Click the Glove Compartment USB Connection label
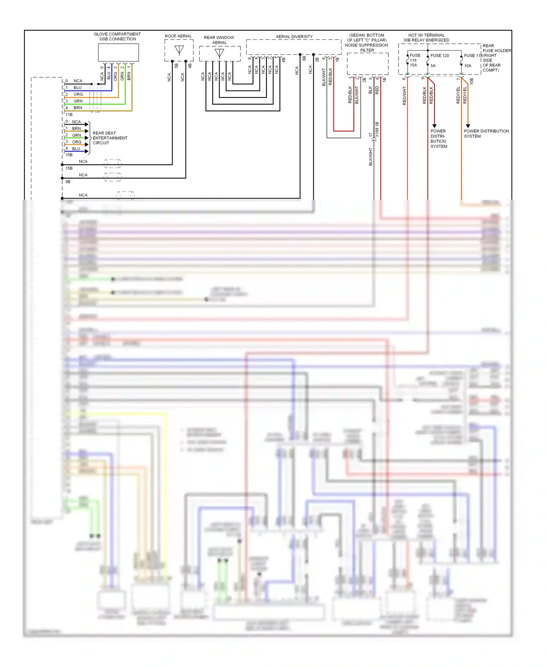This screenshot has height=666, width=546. point(117,36)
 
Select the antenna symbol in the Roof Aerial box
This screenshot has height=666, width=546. point(179,50)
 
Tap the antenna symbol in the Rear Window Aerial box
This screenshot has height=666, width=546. point(219,53)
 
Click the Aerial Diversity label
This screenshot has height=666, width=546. point(294,36)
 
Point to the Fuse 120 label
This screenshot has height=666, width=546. point(440,56)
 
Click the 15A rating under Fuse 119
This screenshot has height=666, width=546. point(414,65)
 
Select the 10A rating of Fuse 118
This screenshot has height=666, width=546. point(468,66)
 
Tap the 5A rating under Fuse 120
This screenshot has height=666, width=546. point(433,66)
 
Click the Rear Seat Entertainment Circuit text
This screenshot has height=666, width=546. point(110,138)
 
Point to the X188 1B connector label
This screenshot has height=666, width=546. point(377,129)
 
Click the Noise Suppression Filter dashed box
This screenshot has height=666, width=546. point(368,64)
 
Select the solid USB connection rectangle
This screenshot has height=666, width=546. point(118,52)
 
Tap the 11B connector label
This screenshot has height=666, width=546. point(69,114)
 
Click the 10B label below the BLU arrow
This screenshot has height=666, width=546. point(69,155)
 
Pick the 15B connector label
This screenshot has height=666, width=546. point(69,168)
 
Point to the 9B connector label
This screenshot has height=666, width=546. point(68,182)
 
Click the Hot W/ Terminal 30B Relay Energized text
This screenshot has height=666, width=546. point(426,38)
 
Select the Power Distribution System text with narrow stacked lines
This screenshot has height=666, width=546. point(439,139)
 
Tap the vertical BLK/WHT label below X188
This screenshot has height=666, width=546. point(371,157)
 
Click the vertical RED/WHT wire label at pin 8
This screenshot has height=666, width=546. point(404,96)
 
